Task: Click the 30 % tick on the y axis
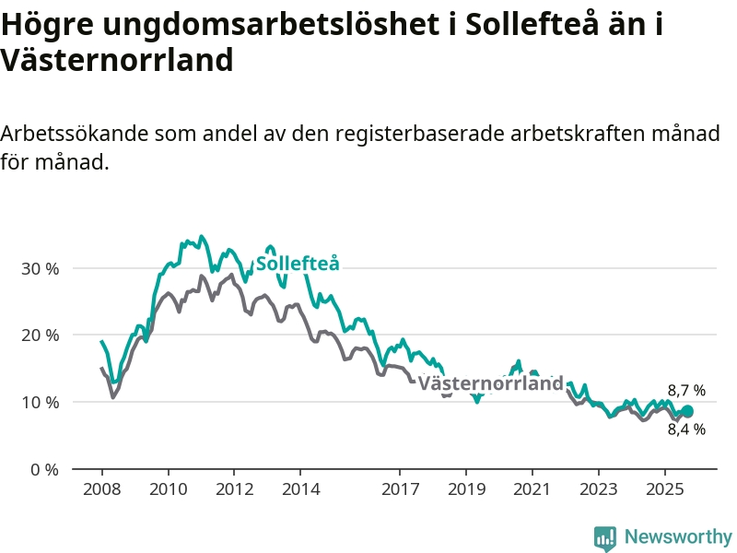point(39,268)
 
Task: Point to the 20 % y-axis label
point(39,335)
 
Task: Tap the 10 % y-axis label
point(39,403)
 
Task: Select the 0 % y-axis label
point(42,469)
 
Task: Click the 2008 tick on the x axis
point(101,488)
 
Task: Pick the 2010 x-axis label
point(168,488)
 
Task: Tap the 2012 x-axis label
point(234,488)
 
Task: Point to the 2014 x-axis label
point(300,488)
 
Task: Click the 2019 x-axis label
point(466,488)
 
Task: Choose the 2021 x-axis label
point(532,488)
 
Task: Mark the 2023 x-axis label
point(599,488)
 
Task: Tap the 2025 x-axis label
point(665,488)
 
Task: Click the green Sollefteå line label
point(298,264)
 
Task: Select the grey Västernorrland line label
point(490,383)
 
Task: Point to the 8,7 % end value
point(686,391)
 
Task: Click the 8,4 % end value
point(686,429)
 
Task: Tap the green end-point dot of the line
point(686,411)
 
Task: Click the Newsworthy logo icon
point(604,537)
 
